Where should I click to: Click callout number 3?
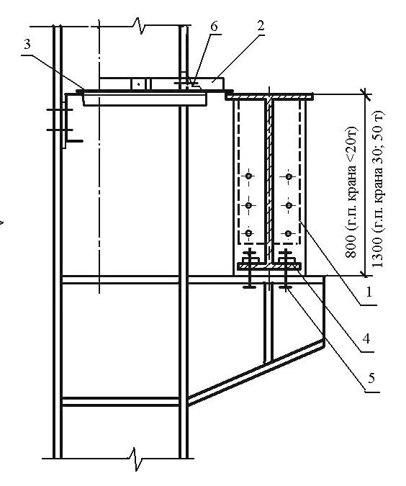27,45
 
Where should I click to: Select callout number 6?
214,27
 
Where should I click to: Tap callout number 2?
261,26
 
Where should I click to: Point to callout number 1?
369,292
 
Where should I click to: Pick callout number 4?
366,338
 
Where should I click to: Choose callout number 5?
371,377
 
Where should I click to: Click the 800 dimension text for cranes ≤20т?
351,192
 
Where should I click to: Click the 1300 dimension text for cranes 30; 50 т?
378,189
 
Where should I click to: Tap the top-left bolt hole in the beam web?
248,176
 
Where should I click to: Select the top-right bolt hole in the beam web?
289,176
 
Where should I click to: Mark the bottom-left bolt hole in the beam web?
248,233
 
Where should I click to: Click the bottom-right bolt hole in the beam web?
288,233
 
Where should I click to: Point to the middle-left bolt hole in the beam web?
248,205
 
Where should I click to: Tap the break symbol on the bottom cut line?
136,458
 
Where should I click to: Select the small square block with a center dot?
138,84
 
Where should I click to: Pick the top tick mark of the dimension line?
364,93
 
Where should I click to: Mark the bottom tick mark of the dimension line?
364,274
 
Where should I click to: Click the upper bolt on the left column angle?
60,109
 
